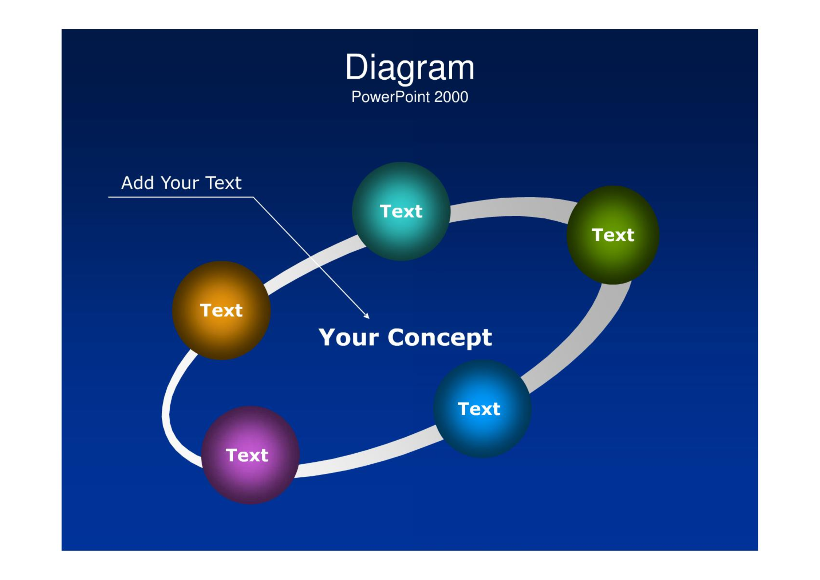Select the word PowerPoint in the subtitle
coord(391,97)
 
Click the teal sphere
coord(401,211)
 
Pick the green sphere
coord(613,235)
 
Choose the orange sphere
coord(221,310)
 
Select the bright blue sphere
coord(482,409)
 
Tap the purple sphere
coord(251,455)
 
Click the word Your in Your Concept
coord(348,337)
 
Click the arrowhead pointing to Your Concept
coord(367,316)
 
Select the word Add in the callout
coord(137,183)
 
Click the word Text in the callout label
coord(223,183)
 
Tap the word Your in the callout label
coord(180,183)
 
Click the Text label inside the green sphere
coord(613,235)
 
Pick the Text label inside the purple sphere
coord(247,455)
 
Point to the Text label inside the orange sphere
coord(221,310)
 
